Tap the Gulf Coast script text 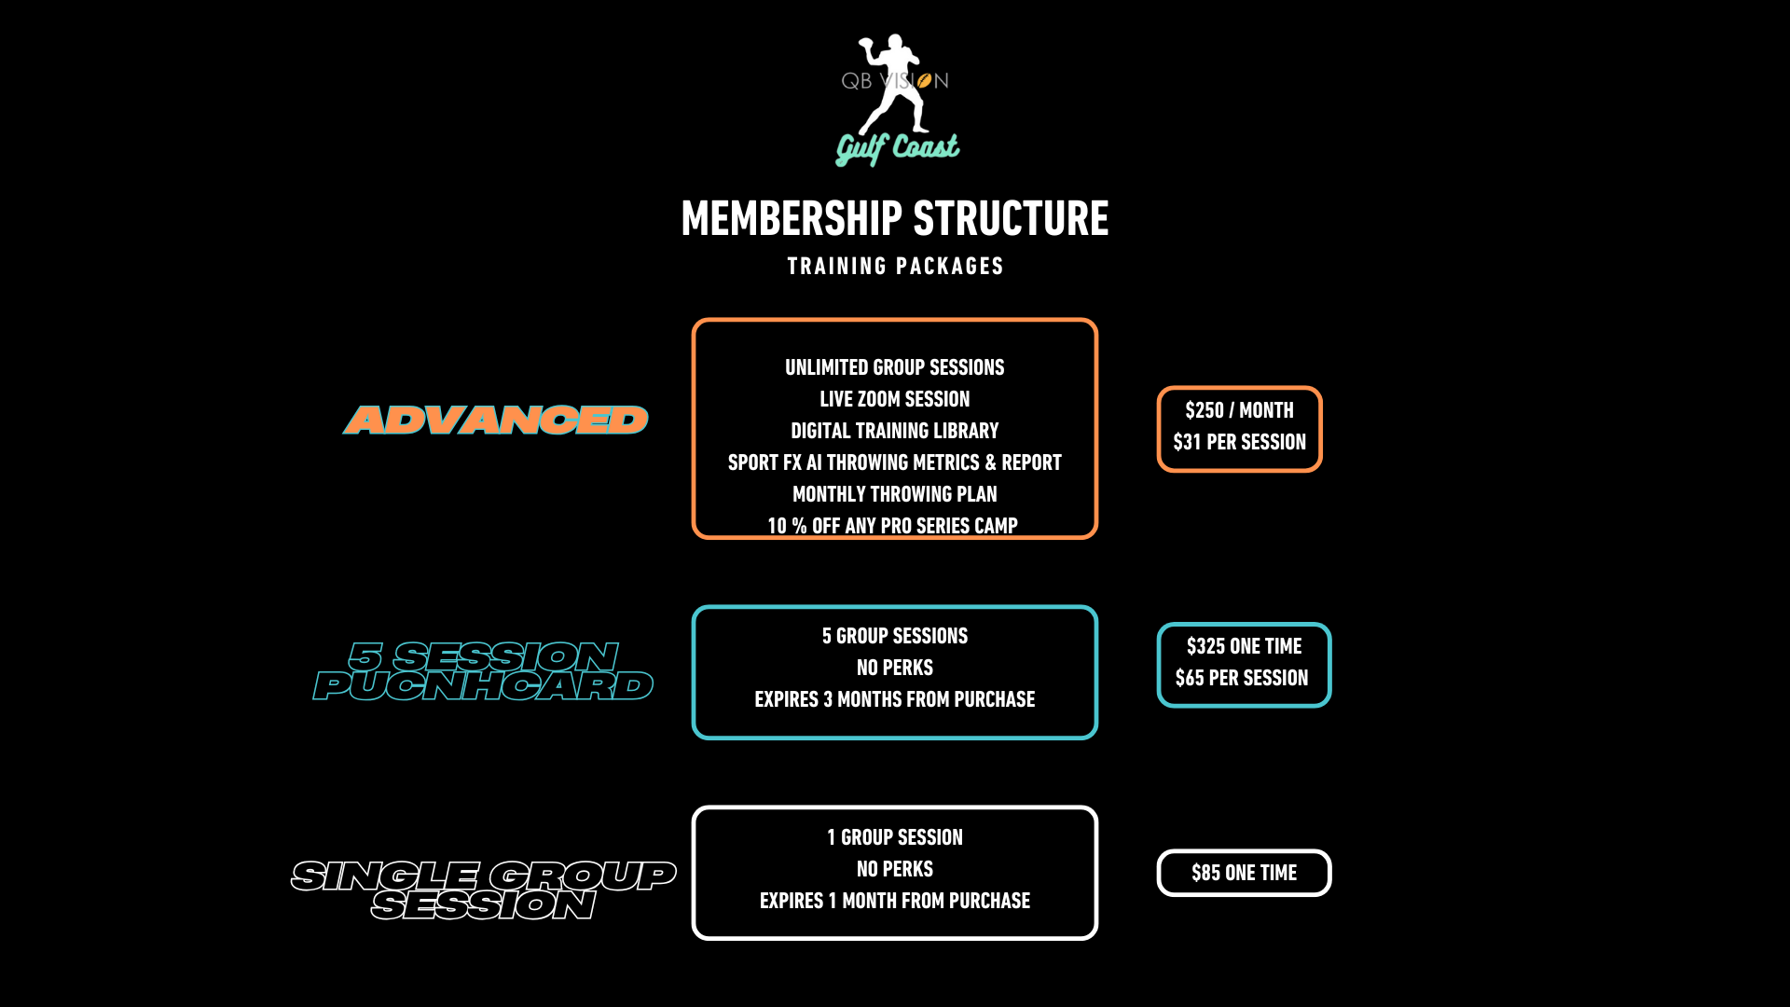pos(897,147)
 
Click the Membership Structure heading pos(895,218)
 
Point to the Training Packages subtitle pos(895,267)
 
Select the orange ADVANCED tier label pos(496,421)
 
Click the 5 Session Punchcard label pos(483,671)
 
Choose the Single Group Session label pos(483,890)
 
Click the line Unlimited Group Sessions pos(895,367)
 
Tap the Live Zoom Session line pos(895,399)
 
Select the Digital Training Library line pos(895,431)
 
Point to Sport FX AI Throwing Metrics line pos(895,462)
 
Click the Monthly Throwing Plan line pos(895,494)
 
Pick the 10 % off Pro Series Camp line pos(893,526)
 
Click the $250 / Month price pos(1240,410)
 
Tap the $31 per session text pos(1240,442)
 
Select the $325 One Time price pos(1245,646)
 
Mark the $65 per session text pos(1242,678)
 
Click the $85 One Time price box pos(1245,873)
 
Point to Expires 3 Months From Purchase pos(895,699)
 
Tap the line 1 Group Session pos(895,837)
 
